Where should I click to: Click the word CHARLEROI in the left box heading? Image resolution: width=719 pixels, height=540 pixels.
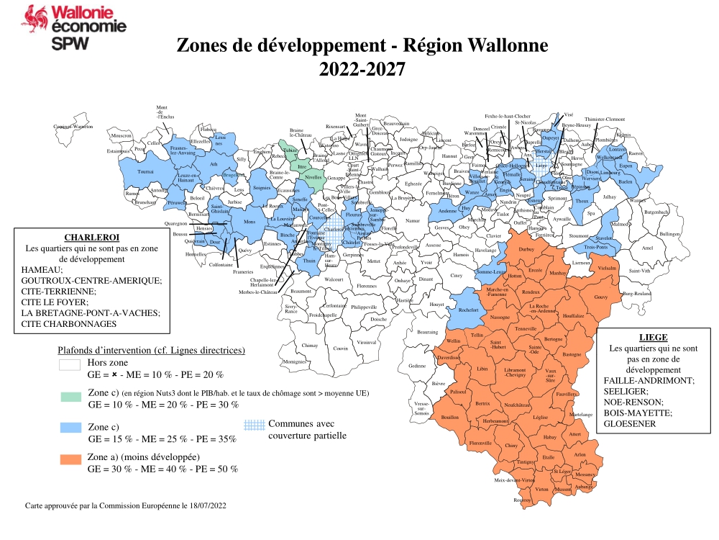pos(91,237)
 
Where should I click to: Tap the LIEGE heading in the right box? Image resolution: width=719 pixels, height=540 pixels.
pos(653,337)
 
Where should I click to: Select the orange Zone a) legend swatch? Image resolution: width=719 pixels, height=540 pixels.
pos(70,459)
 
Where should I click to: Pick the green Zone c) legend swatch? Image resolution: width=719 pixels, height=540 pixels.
pos(70,397)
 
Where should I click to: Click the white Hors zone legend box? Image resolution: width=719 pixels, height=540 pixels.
pos(70,365)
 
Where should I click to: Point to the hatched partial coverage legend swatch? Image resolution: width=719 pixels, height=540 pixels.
pos(253,426)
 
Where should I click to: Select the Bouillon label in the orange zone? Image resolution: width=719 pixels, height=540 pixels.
pos(449,417)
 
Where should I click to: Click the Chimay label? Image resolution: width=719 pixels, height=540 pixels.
pos(309,346)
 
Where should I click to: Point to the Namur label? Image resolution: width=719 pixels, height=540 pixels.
pos(412,221)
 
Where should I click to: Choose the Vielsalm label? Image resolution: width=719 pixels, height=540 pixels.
pos(608,267)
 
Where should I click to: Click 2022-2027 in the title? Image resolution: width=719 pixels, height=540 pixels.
pos(362,70)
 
